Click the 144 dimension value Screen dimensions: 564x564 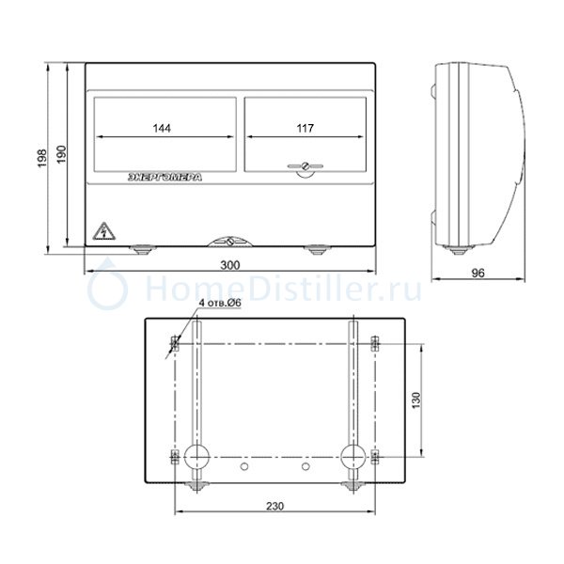click(x=162, y=129)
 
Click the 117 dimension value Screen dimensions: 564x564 click(x=305, y=129)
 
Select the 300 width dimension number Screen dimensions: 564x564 click(x=230, y=265)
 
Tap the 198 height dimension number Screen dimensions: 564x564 click(x=42, y=158)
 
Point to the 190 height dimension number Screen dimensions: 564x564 click(x=61, y=155)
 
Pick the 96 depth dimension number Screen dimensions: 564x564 click(x=478, y=274)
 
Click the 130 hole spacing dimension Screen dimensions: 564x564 click(x=416, y=400)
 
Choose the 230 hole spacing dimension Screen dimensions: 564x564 click(x=274, y=507)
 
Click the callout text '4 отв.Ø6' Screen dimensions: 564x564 click(x=220, y=303)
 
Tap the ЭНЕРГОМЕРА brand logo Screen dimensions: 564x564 click(x=165, y=178)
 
